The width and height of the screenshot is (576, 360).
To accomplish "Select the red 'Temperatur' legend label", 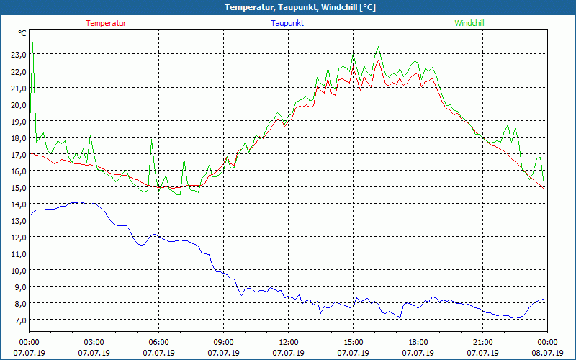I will (106, 23).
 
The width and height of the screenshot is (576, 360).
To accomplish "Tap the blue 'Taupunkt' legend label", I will (287, 23).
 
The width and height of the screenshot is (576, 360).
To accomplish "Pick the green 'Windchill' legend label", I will (469, 23).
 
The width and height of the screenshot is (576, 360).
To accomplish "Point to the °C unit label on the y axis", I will (22, 33).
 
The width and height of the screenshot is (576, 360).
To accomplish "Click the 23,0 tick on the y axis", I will (19, 55).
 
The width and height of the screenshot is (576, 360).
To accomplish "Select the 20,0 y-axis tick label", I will (19, 104).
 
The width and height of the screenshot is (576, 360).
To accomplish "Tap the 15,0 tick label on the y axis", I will (19, 188).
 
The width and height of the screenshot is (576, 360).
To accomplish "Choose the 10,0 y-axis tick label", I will (19, 271).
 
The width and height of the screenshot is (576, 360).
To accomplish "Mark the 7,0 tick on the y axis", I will (20, 320).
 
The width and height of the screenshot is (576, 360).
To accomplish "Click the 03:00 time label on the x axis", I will (94, 342).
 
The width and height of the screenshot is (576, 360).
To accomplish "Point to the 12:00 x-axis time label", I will (289, 342).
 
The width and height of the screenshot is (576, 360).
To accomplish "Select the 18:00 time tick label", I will (418, 342).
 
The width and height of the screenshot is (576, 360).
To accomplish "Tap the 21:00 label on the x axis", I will (483, 342).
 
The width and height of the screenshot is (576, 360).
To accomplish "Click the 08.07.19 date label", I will (547, 353).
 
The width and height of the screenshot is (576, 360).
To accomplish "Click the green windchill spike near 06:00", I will (151, 139).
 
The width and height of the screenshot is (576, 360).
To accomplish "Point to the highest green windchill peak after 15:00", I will (378, 48).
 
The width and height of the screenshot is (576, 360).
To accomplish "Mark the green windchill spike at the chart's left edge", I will (32, 45).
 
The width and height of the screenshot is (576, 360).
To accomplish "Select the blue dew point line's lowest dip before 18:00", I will (400, 318).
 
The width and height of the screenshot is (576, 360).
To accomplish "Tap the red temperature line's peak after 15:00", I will (377, 60).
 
